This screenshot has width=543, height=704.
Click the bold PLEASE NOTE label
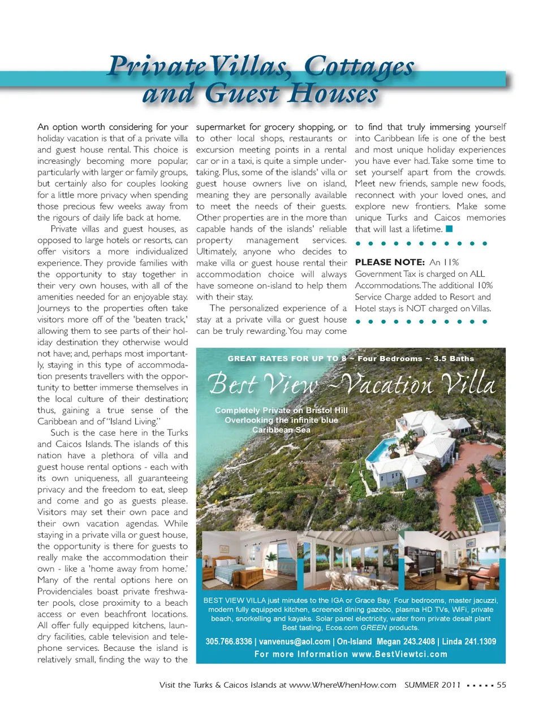(390, 262)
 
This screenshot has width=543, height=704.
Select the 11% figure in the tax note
(451, 262)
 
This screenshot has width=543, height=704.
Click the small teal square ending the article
(449, 229)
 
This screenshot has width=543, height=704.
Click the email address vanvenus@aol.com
(294, 641)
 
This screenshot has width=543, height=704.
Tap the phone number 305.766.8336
(229, 641)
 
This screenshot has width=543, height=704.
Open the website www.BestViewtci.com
(399, 654)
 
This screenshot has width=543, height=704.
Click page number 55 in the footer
(501, 685)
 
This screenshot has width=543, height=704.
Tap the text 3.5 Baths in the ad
(454, 358)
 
